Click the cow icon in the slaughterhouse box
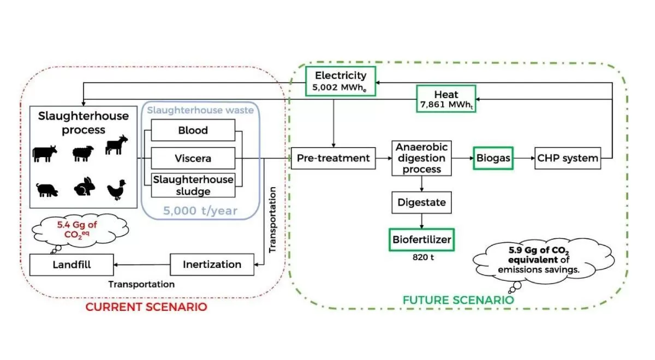click(44, 153)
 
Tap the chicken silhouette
click(117, 189)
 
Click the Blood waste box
click(193, 131)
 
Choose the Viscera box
click(193, 159)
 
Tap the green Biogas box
click(493, 158)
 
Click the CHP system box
click(567, 158)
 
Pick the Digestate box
click(422, 203)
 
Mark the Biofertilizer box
click(422, 239)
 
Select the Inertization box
click(212, 265)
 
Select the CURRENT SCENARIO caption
click(146, 307)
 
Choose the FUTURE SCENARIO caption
click(458, 300)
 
